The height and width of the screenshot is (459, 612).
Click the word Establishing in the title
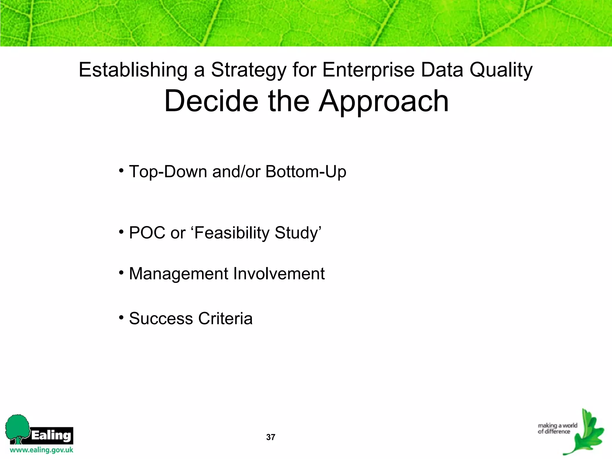click(133, 70)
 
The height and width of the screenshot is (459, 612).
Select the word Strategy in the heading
click(249, 70)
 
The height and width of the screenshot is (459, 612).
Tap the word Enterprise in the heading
click(368, 70)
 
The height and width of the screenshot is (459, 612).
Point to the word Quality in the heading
click(501, 70)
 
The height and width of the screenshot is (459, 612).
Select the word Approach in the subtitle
click(383, 102)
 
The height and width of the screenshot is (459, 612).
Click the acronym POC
click(147, 233)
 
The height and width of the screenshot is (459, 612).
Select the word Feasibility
click(232, 233)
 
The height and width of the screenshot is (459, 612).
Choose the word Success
click(161, 319)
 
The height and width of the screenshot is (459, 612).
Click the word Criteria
click(225, 319)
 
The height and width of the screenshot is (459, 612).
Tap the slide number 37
click(270, 437)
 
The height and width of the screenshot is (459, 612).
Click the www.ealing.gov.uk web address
click(42, 450)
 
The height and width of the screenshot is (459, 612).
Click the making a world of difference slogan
click(557, 429)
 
